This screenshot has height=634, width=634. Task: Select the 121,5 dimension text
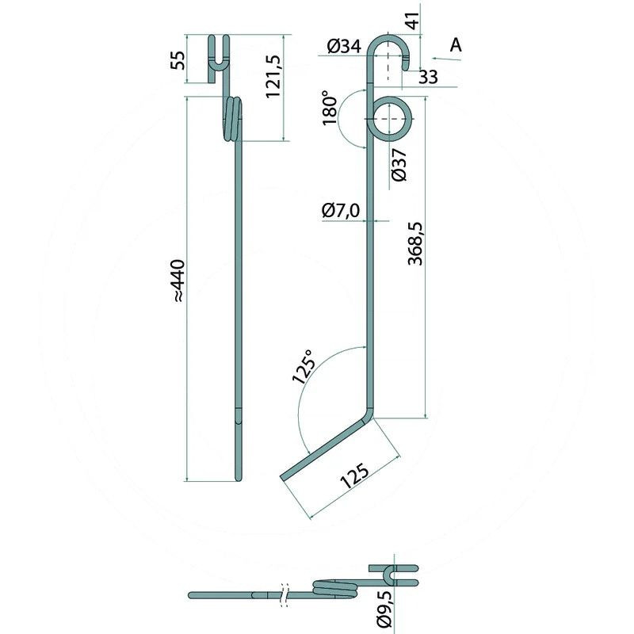[x=273, y=76]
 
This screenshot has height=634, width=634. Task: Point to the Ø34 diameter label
[x=344, y=47]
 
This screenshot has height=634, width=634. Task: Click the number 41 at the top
[x=412, y=21]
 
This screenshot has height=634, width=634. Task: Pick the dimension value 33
[x=428, y=77]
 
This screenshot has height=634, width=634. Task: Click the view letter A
[x=456, y=45]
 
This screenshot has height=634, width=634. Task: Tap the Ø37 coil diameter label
[x=399, y=165]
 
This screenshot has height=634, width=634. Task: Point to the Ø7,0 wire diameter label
[x=341, y=211]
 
